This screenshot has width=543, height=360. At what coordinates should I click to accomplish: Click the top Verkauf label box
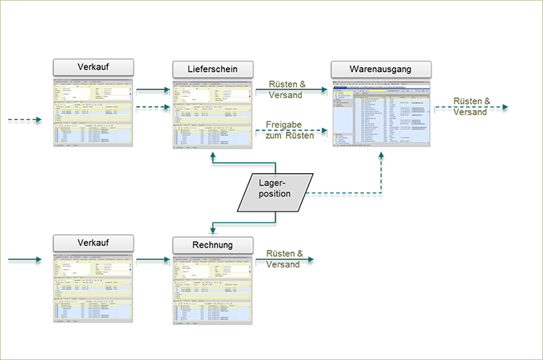pyautogui.click(x=93, y=66)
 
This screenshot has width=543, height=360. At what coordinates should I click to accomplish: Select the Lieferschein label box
pyautogui.click(x=212, y=69)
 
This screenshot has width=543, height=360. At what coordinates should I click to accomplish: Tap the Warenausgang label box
pyautogui.click(x=380, y=69)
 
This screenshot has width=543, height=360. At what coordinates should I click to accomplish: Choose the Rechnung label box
pyautogui.click(x=212, y=244)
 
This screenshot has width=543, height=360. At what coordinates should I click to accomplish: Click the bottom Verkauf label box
pyautogui.click(x=93, y=242)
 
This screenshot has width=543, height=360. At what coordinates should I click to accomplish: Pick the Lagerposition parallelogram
pyautogui.click(x=274, y=188)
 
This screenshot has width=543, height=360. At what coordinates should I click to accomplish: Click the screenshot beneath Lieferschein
pyautogui.click(x=212, y=113)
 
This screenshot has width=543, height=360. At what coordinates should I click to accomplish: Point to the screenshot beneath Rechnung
pyautogui.click(x=212, y=288)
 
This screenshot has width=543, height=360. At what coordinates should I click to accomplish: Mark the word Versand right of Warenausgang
pyautogui.click(x=470, y=112)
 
